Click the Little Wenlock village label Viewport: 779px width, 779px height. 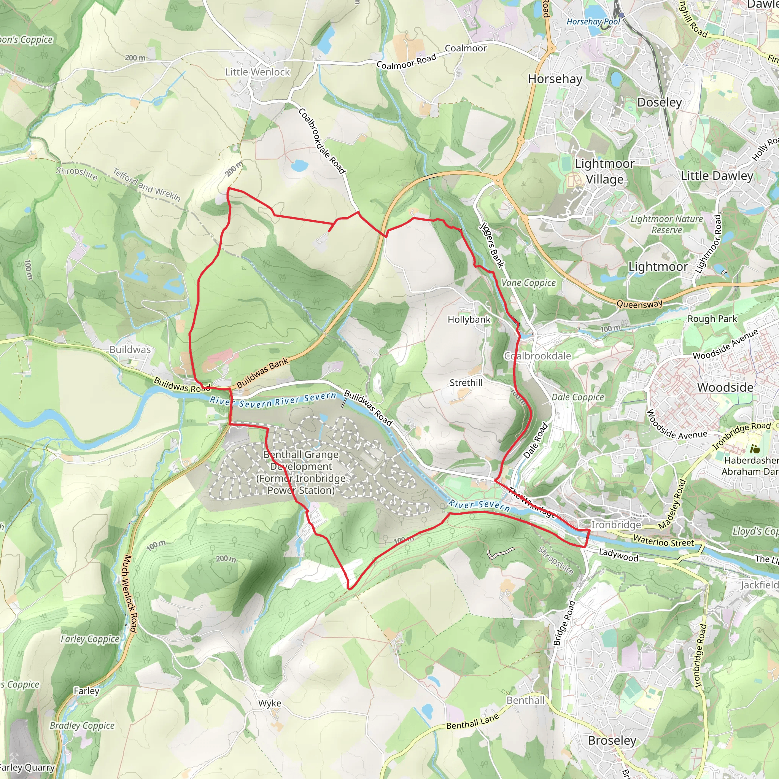coord(257,72)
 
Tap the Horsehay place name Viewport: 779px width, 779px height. coord(555,79)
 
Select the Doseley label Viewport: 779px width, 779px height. coord(659,102)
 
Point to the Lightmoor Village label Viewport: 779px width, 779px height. coord(604,172)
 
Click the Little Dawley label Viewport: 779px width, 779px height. coord(717,176)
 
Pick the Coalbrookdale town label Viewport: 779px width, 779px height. coord(537,356)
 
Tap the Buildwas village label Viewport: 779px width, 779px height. coord(130,350)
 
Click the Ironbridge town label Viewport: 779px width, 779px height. coord(616,525)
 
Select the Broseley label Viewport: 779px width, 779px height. coord(612,740)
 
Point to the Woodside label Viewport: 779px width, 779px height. coord(725,388)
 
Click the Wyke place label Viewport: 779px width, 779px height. coord(270,703)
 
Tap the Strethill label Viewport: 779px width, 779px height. coord(466,383)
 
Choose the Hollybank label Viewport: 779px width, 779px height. coord(469,320)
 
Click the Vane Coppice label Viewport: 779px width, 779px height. coord(528,283)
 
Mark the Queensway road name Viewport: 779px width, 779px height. coord(639,304)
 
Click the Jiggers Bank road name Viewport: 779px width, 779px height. coord(492,245)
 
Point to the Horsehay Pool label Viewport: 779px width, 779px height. coord(593,22)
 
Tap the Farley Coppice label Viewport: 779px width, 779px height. coord(90,639)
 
